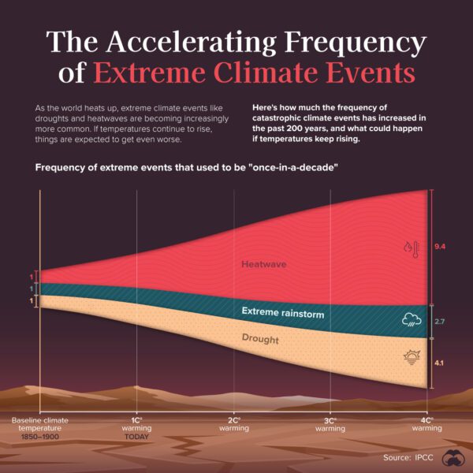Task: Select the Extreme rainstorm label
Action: click(x=282, y=314)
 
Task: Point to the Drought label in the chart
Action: click(x=260, y=340)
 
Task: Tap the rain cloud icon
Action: click(x=411, y=320)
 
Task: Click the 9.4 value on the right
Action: click(x=441, y=247)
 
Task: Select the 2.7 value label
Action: click(x=441, y=322)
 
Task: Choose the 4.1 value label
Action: click(x=441, y=363)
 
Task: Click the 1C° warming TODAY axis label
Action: click(x=136, y=428)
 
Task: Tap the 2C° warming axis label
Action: click(x=234, y=424)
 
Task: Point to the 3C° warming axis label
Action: click(x=330, y=424)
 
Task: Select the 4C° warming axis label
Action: click(x=426, y=424)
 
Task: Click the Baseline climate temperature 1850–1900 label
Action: click(x=39, y=428)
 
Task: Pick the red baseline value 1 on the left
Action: click(x=32, y=277)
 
